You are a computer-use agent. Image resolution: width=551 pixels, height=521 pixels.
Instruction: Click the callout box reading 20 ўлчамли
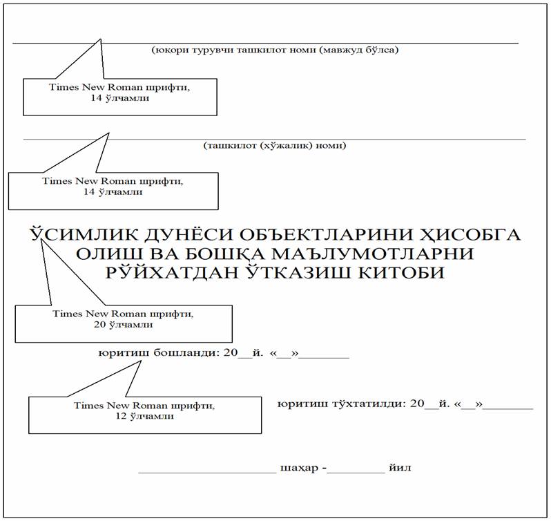(123, 323)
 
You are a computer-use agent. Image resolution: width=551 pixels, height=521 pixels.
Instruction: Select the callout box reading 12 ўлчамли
(144, 415)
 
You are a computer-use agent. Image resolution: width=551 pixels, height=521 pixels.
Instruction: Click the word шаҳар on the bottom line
(299, 468)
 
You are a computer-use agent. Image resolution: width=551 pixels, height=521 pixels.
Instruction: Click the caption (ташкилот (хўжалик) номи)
(274, 146)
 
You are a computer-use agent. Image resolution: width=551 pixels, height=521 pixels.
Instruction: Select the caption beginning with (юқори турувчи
(275, 50)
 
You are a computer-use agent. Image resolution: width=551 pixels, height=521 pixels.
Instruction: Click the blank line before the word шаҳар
(206, 471)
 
